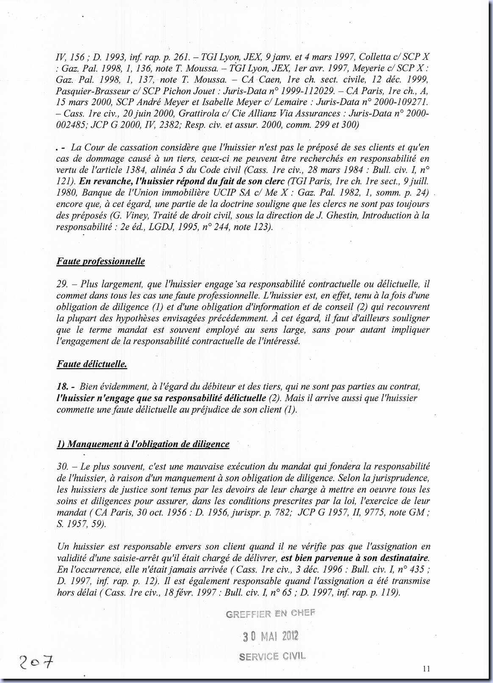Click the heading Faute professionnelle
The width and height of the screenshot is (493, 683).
(100, 261)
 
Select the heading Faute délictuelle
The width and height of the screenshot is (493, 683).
(91, 364)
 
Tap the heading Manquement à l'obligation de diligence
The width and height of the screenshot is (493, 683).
(143, 444)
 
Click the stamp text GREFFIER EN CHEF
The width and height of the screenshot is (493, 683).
(271, 613)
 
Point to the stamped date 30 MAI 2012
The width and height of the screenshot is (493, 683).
(271, 636)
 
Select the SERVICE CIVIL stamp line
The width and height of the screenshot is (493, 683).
(272, 656)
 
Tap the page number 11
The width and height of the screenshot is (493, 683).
(426, 669)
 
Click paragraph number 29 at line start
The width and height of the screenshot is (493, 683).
(61, 284)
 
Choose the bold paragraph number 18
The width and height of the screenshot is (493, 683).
(62, 386)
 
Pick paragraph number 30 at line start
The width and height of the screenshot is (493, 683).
(62, 466)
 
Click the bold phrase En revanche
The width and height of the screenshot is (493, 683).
(102, 181)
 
